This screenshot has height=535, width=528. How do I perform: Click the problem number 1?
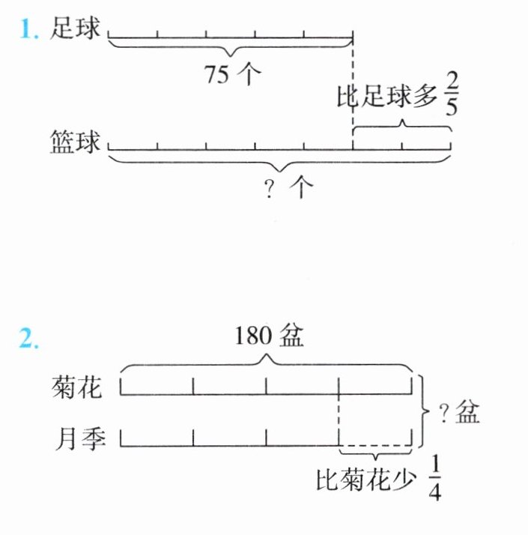coord(28,31)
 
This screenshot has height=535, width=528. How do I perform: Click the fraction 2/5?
coord(450,93)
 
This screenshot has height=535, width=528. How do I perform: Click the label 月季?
coord(75,438)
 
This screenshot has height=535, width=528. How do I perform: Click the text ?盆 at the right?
coord(459,413)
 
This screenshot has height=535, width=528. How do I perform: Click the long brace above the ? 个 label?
coord(279,163)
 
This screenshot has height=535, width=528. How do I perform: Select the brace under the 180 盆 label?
coord(266,363)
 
